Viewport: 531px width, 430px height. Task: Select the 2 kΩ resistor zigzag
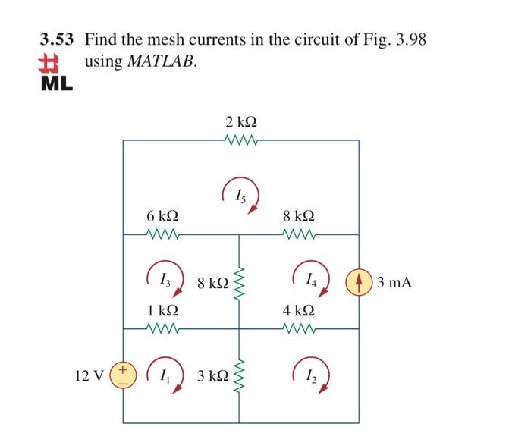tap(241, 140)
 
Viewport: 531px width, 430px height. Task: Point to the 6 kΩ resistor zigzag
tap(163, 234)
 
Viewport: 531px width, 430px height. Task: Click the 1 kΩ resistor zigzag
tap(163, 328)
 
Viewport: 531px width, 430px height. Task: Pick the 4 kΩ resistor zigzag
tap(298, 328)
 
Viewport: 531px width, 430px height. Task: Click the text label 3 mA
tap(394, 283)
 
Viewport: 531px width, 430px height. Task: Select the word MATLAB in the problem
tap(162, 61)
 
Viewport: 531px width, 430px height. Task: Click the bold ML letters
tap(56, 82)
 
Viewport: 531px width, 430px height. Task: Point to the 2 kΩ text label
tap(241, 121)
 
